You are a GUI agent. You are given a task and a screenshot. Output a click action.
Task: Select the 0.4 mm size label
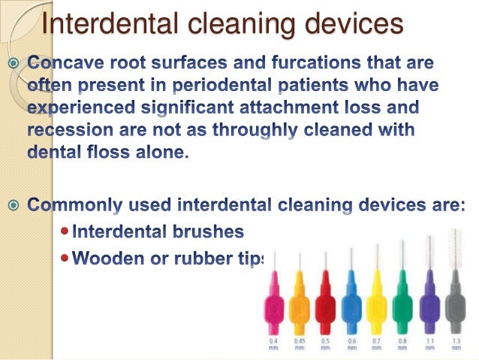click(x=272, y=345)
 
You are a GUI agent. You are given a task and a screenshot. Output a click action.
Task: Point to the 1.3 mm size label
click(x=455, y=345)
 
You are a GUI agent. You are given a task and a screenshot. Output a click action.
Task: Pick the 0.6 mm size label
click(x=351, y=345)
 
